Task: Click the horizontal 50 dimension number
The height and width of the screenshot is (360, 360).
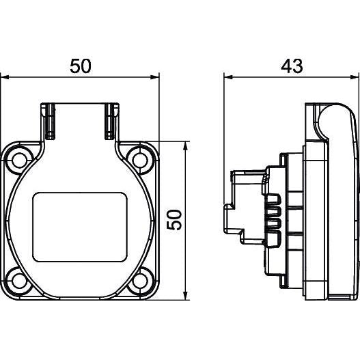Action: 81,66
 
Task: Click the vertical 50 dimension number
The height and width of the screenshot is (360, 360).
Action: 174,220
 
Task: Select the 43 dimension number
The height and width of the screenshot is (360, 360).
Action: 292,66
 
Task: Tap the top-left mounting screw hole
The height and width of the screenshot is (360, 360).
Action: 19,160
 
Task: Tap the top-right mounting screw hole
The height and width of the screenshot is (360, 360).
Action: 140,160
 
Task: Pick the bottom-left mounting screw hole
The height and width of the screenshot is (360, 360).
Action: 19,281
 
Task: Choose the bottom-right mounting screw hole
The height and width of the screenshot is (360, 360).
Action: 140,281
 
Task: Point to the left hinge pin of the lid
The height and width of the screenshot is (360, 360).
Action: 50,121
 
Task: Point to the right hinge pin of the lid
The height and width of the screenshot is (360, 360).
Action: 109,121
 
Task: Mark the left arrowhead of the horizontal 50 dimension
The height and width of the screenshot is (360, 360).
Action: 5,77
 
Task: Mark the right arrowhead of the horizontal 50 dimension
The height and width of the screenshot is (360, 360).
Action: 155,77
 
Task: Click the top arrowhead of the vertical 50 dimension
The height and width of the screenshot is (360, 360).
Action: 186,146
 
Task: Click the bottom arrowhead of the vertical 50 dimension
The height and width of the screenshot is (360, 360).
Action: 186,295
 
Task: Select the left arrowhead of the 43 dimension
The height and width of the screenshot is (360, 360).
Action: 228,77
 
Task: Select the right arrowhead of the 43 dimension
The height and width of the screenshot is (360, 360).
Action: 355,77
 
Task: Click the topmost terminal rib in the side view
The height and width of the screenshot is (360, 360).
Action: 273,199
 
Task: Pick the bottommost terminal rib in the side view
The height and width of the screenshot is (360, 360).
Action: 273,240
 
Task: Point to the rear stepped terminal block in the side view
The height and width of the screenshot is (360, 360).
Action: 244,206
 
